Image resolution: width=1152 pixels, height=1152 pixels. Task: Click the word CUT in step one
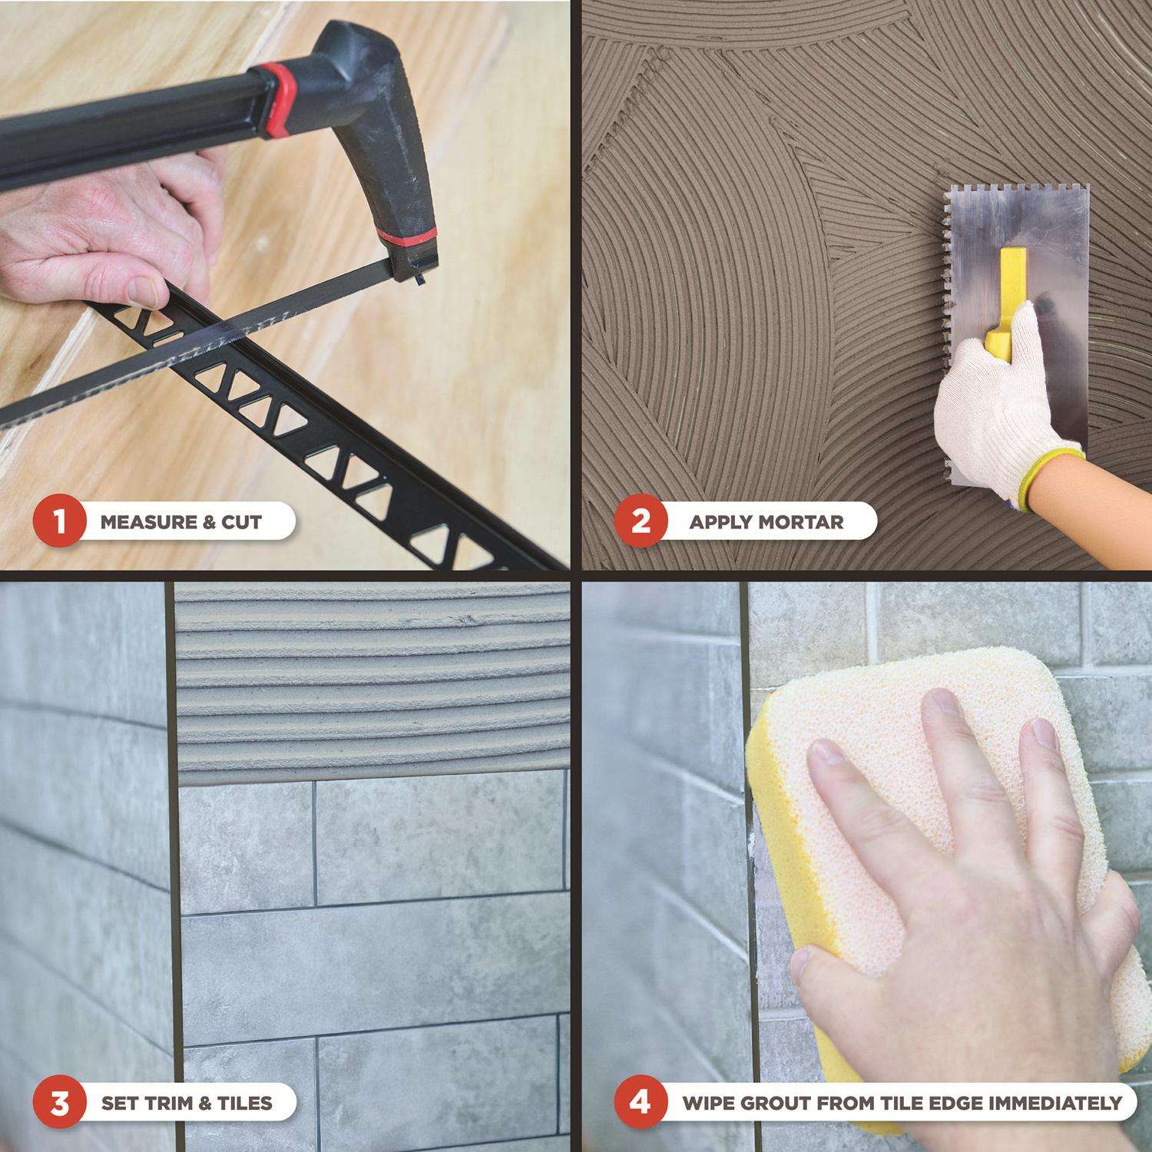(241, 523)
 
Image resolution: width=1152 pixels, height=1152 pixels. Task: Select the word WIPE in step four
(705, 1104)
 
